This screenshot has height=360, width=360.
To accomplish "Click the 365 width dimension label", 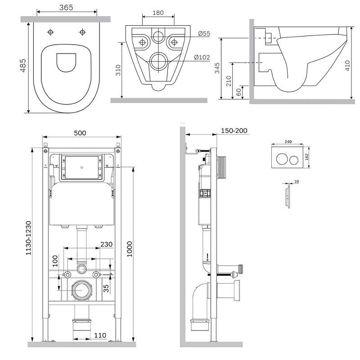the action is tap(66, 7).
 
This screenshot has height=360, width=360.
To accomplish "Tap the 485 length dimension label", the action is tap(23, 66).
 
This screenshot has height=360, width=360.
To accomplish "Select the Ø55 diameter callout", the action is tap(204, 33).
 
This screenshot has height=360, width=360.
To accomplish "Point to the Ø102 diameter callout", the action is tap(202, 57).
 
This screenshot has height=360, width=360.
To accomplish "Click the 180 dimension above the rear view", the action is tap(158, 13).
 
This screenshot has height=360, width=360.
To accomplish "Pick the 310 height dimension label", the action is tap(118, 70).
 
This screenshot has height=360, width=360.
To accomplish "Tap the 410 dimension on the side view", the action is tap(347, 65).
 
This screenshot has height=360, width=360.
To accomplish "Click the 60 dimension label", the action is tap(239, 92).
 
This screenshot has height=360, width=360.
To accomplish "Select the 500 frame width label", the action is tap(80, 133).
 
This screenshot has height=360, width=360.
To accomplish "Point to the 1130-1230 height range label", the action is tap(28, 238).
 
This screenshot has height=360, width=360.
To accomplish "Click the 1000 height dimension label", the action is tap(130, 249).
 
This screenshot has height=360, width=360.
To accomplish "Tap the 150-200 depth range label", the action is tap(234, 130).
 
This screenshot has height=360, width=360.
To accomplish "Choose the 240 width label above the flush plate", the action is tap(288, 142).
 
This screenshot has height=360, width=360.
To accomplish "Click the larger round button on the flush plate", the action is tap(282, 159).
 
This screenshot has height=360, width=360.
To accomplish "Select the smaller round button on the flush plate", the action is tap(294, 160).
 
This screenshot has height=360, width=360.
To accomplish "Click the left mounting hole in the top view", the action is tap(50, 32).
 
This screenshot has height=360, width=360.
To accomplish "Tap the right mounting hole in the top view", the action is tap(82, 32).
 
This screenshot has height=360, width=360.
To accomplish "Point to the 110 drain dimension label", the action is tap(100, 335).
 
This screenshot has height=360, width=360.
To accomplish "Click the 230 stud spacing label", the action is tap(106, 244).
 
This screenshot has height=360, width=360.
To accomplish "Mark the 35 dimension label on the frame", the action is tap(106, 288).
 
